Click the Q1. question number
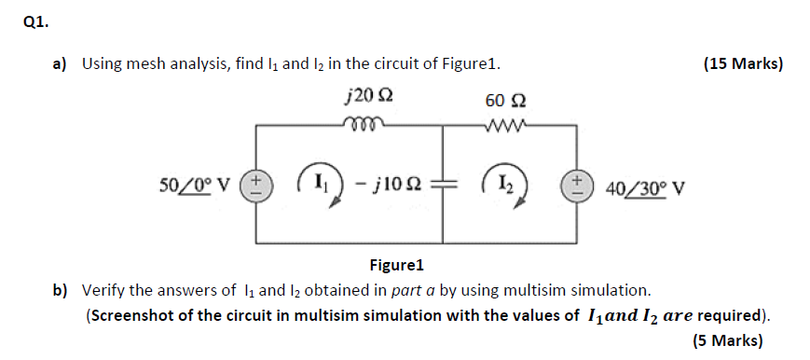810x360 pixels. (x=34, y=25)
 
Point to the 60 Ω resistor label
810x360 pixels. (x=505, y=98)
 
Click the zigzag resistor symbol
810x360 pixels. (x=505, y=122)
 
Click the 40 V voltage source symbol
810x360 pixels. (x=572, y=184)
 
